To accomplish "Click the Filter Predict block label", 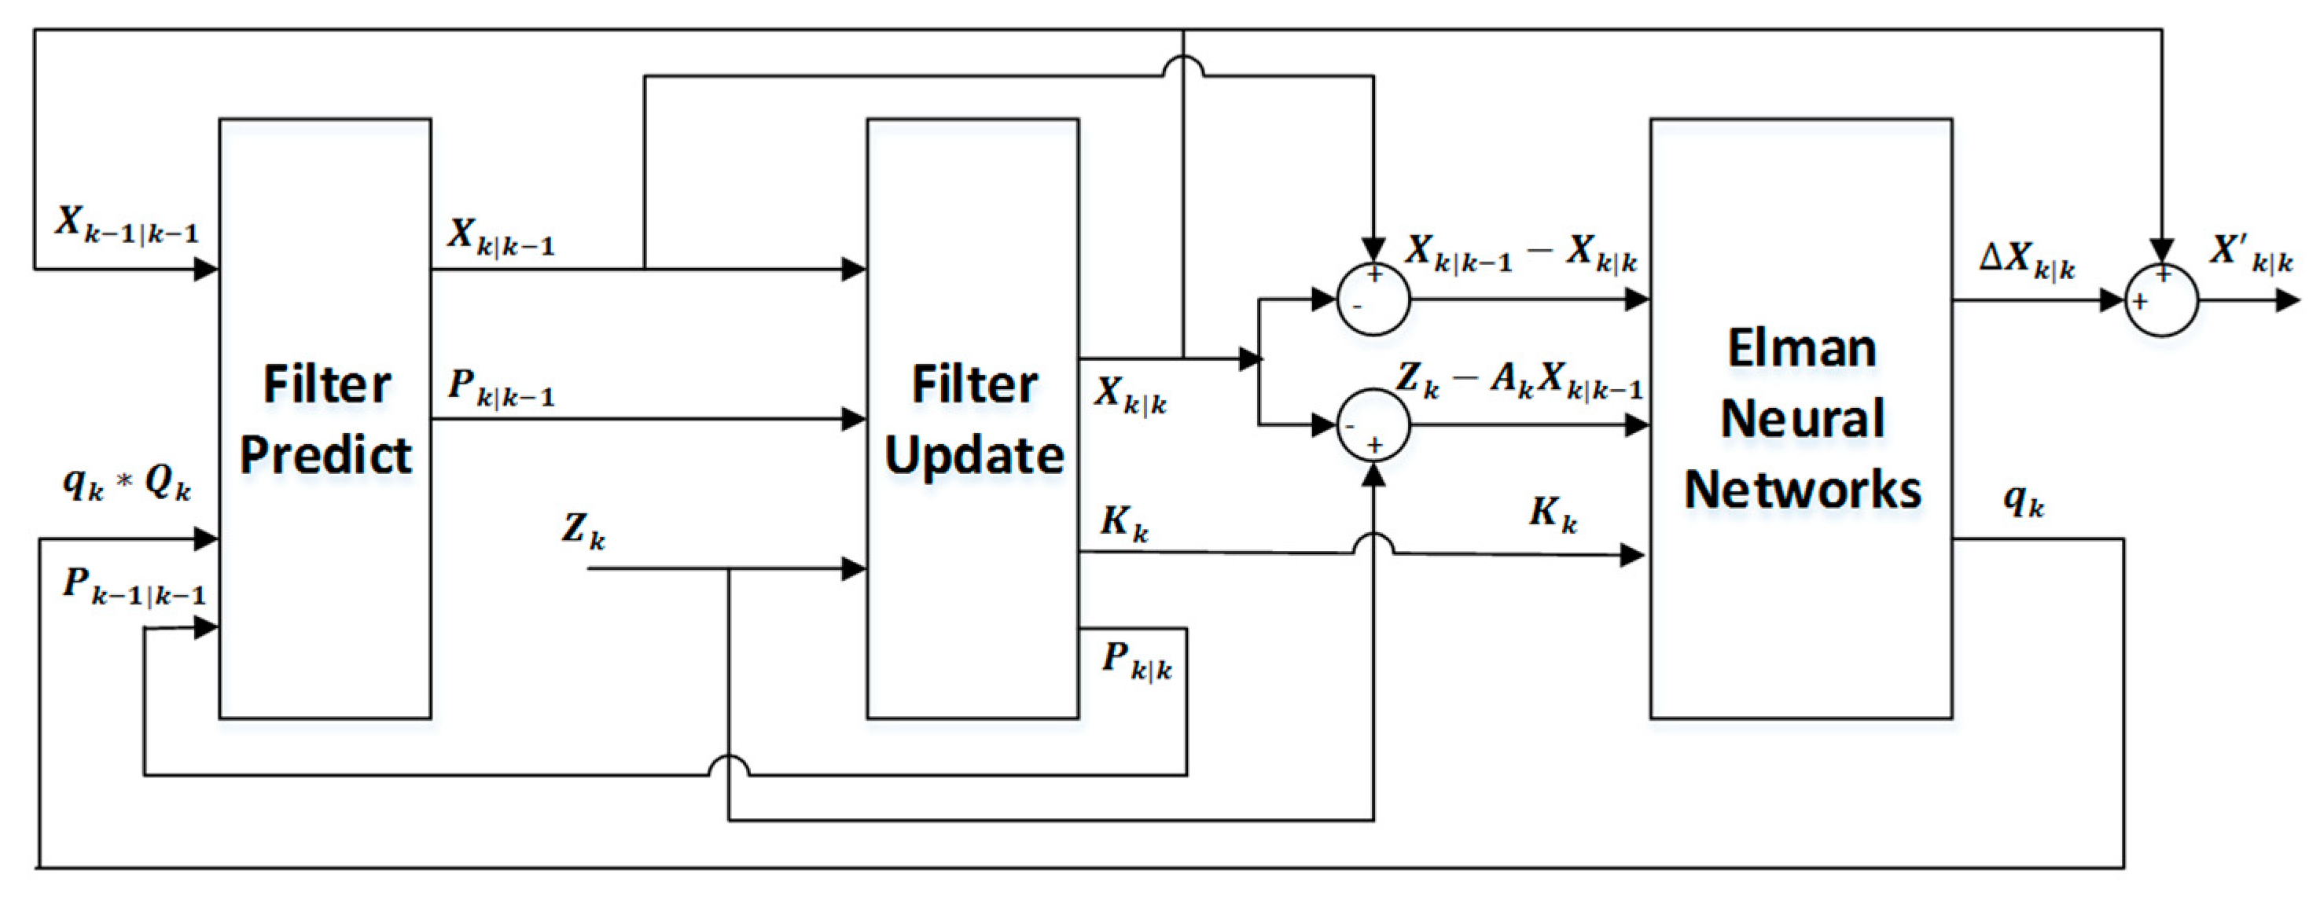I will click(326, 419).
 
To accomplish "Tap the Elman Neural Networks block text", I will click(1802, 419).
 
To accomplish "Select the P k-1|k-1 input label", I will click(134, 586).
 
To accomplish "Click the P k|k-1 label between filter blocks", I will click(501, 388).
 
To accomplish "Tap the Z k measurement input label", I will click(583, 531).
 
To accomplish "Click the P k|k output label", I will click(1137, 662).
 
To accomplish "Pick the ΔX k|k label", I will click(2027, 261).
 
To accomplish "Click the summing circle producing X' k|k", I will click(2161, 300).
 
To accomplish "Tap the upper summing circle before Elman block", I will click(1373, 299).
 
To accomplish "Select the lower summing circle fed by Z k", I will click(1373, 425).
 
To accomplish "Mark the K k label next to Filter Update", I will click(1124, 523).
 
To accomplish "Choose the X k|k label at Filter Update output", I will click(1130, 395).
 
